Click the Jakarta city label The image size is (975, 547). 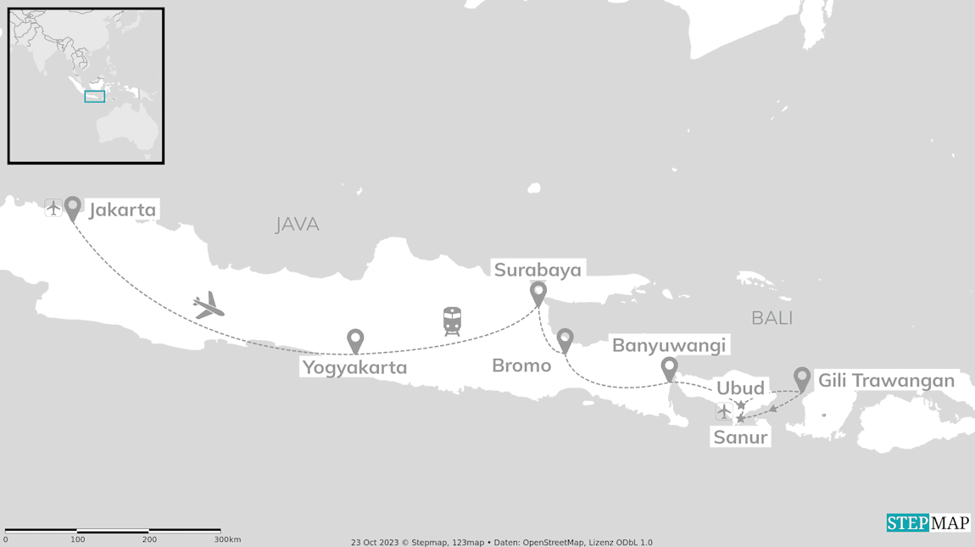pyautogui.click(x=122, y=209)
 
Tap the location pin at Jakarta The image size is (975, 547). pyautogui.click(x=73, y=207)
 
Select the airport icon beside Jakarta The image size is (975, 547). pyautogui.click(x=53, y=207)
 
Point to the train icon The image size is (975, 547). pyautogui.click(x=452, y=321)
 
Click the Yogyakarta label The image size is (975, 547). pyautogui.click(x=354, y=367)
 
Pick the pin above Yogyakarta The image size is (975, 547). pyautogui.click(x=355, y=340)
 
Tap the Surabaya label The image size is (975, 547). pyautogui.click(x=538, y=270)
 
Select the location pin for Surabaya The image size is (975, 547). pyautogui.click(x=538, y=293)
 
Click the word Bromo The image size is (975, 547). pyautogui.click(x=521, y=366)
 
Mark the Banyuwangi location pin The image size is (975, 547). pyautogui.click(x=669, y=369)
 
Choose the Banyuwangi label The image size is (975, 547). pyautogui.click(x=669, y=345)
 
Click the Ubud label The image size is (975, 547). pyautogui.click(x=740, y=388)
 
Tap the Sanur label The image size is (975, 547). pyautogui.click(x=740, y=438)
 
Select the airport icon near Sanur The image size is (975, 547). pyautogui.click(x=723, y=412)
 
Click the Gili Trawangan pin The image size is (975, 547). pyautogui.click(x=801, y=378)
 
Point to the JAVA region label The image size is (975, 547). pyautogui.click(x=297, y=225)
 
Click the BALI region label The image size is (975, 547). pyautogui.click(x=772, y=318)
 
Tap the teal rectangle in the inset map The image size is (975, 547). pyautogui.click(x=94, y=97)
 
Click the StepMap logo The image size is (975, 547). pyautogui.click(x=928, y=522)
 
